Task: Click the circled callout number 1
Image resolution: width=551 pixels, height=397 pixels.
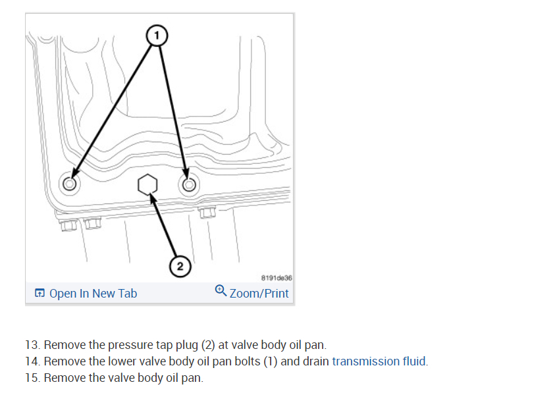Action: coord(156,36)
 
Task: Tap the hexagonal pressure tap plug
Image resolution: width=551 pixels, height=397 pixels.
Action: coord(148,185)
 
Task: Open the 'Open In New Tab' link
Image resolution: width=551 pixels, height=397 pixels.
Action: coord(93,293)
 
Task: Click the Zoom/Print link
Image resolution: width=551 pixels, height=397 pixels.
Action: coord(259,293)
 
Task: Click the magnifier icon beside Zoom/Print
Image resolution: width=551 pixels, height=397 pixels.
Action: coord(221,291)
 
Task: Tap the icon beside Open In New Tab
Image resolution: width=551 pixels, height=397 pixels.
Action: coord(40,294)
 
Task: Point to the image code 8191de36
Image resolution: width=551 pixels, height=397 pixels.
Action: coord(276,278)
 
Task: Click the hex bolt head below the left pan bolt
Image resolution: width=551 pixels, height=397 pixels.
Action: coord(68,225)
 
